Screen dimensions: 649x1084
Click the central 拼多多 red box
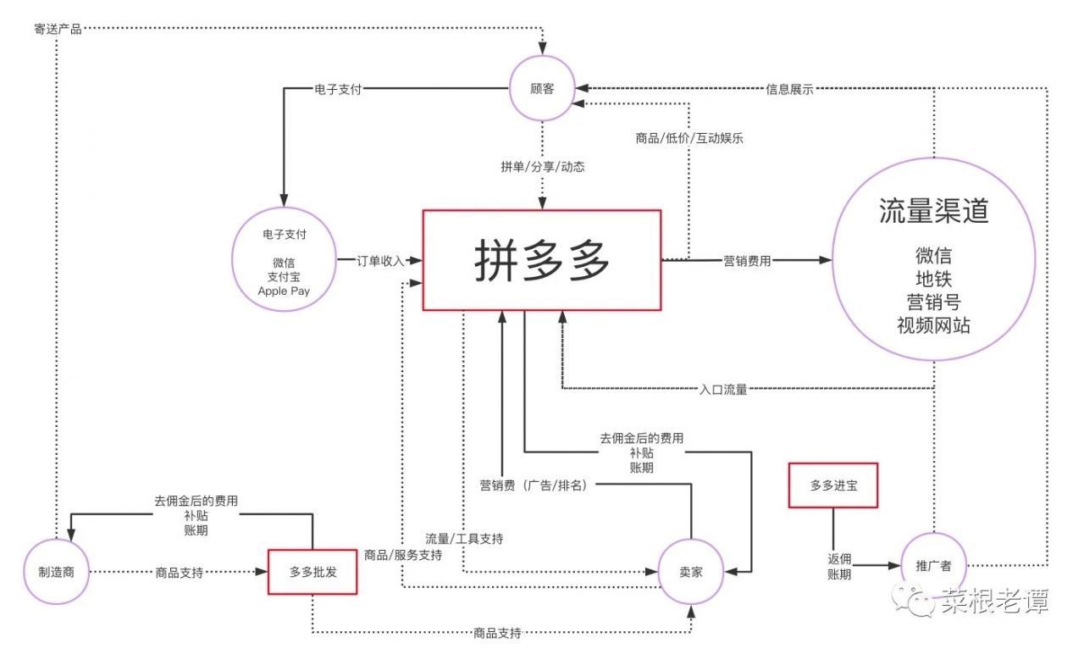(541, 259)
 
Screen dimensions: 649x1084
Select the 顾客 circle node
(541, 89)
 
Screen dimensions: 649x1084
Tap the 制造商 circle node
(58, 572)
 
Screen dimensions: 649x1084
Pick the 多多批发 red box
(312, 572)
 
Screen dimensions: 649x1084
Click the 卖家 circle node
(692, 573)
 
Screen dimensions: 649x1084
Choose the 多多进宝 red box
(832, 485)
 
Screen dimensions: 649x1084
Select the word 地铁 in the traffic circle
(933, 278)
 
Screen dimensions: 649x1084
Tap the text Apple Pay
(284, 291)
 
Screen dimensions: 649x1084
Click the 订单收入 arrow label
(381, 261)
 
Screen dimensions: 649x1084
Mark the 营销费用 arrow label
(747, 261)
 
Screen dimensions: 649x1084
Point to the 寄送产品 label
(58, 30)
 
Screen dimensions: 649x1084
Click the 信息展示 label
(789, 88)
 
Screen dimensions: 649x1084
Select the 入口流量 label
(723, 390)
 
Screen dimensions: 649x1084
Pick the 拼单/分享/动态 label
(542, 167)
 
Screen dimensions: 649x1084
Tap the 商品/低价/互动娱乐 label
(689, 138)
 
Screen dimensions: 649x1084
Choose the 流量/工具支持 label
(464, 538)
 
